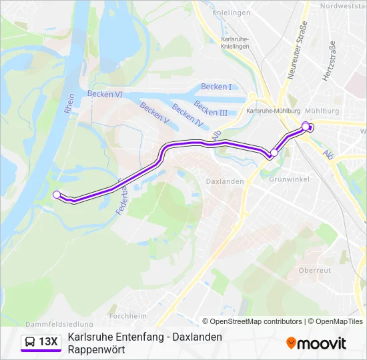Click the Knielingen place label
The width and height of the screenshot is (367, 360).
232,13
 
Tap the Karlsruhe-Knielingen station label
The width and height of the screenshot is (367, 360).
234,43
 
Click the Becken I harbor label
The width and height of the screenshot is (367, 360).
216,87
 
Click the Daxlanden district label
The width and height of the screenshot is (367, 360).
224,181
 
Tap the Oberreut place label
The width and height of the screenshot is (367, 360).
315,270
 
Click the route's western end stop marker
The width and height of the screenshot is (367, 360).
57,195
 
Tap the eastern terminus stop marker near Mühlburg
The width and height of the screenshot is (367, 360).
306,126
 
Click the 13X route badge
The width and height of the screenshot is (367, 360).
42,342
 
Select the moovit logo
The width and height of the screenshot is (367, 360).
316,343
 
